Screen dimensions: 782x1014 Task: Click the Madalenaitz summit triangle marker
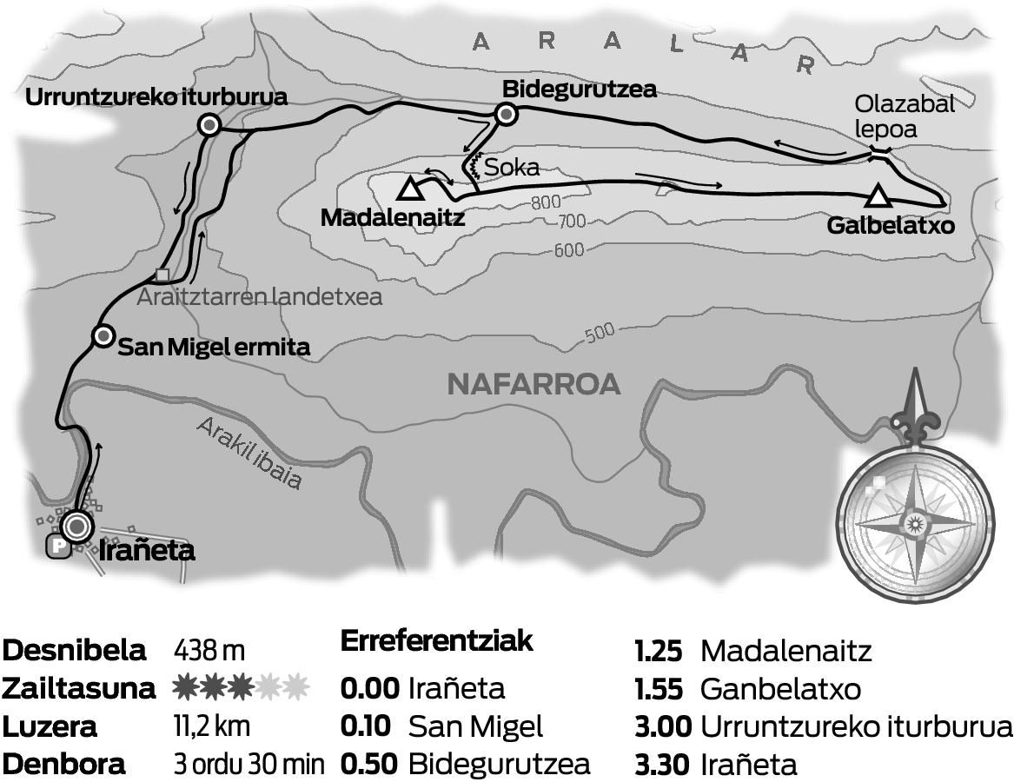[x=408, y=188]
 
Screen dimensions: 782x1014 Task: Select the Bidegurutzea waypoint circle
[x=506, y=114]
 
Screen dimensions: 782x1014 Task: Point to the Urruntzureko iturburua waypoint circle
[x=209, y=126]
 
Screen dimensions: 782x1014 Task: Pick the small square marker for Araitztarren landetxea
[x=162, y=275]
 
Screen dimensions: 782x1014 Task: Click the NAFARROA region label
[x=534, y=384]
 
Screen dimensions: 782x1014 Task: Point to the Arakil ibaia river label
[x=249, y=453]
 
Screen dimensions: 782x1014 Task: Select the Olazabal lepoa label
[x=905, y=116]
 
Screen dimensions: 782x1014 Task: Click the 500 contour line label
[x=599, y=332]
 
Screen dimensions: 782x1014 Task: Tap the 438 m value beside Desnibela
[x=210, y=650]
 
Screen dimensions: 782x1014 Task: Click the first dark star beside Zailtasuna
[x=182, y=687]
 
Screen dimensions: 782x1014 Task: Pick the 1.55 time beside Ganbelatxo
[x=657, y=689]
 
